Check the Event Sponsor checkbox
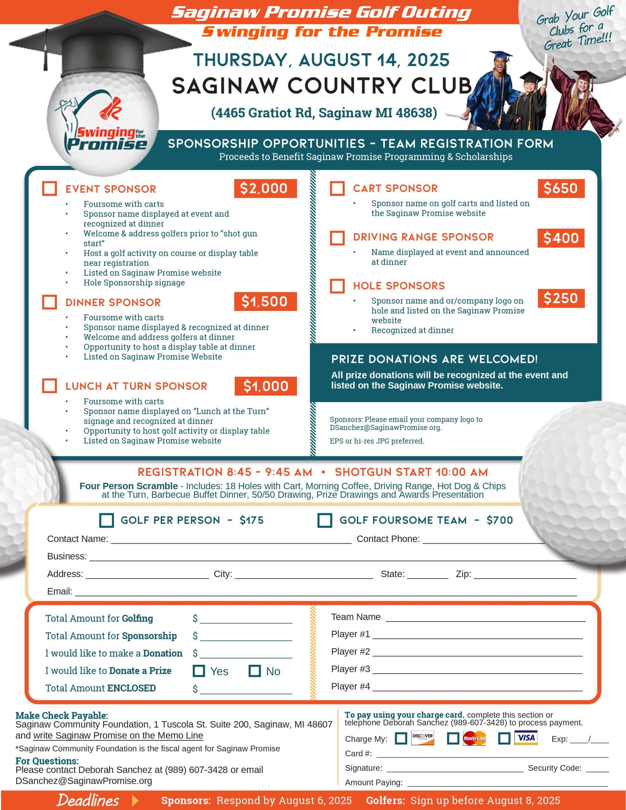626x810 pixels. point(49,188)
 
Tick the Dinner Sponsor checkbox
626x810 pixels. point(49,302)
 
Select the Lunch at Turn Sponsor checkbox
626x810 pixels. point(49,386)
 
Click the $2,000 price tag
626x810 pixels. point(265,188)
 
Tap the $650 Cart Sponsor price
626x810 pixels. point(561,188)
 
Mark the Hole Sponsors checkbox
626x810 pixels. point(337,286)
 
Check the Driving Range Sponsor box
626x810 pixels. point(337,238)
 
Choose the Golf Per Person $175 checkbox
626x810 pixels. point(107,520)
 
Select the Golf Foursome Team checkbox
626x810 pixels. point(325,520)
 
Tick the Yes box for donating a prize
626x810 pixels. point(199,671)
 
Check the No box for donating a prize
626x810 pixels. point(254,671)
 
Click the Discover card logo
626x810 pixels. point(423,738)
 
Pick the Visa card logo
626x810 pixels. point(525,738)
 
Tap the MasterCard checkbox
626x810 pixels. point(453,738)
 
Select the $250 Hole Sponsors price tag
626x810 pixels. point(561,298)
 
